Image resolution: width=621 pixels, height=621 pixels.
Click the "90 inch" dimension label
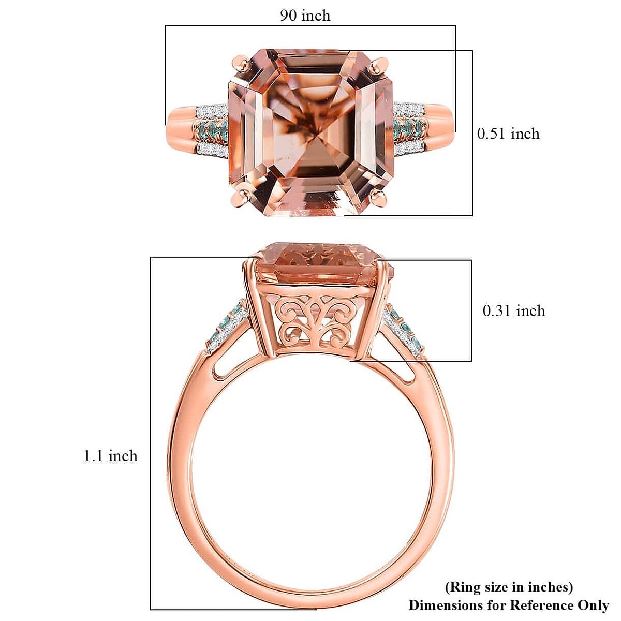[x=305, y=16]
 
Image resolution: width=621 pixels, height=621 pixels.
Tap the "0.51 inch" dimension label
[x=508, y=134]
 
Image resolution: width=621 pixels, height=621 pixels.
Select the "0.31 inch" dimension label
[x=513, y=311]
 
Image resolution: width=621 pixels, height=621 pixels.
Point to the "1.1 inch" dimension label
[x=111, y=456]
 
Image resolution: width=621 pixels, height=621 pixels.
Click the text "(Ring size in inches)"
[x=509, y=587]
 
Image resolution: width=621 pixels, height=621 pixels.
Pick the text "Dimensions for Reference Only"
[x=508, y=605]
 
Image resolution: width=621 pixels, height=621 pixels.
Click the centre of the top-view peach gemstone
[x=311, y=131]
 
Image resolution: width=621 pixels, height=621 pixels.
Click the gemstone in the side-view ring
[x=318, y=264]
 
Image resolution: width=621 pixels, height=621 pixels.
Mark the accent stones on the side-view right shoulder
[x=405, y=332]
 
